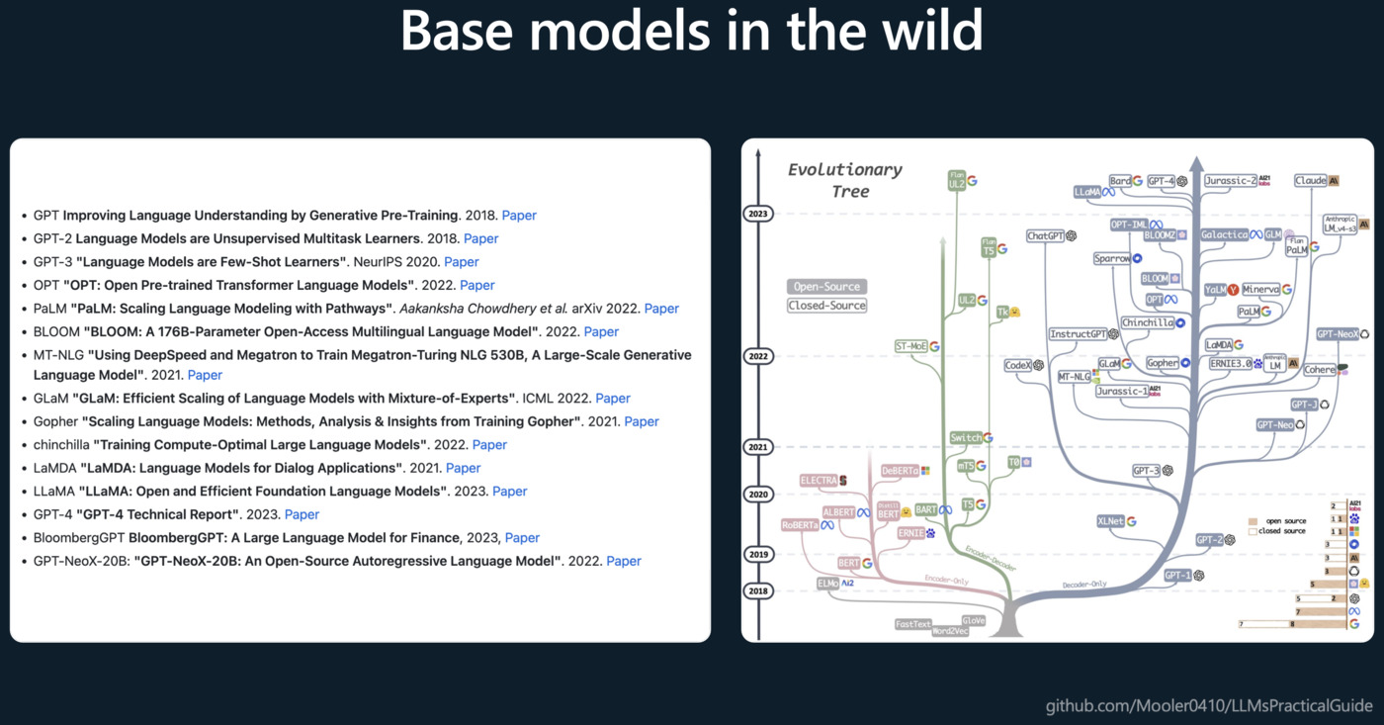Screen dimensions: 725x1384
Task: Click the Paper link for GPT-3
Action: [461, 262]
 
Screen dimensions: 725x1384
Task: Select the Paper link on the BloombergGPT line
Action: [522, 538]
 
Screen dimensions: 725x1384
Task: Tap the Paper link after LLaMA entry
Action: [510, 492]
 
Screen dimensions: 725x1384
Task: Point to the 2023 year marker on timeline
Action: [758, 214]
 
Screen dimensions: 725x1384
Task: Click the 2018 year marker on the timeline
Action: [758, 591]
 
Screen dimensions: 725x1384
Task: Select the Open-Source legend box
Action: [826, 287]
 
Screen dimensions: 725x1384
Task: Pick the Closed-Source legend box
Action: [826, 306]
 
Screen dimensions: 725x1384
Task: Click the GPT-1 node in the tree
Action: [1177, 576]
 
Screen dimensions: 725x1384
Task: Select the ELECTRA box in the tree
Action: [820, 481]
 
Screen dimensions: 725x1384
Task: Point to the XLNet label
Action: [1111, 521]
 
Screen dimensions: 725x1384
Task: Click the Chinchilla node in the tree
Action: [1147, 323]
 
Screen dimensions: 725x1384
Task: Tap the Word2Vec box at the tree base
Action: [950, 631]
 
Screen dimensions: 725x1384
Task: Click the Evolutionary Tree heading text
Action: [844, 180]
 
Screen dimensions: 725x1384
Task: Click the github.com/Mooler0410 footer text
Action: [1209, 705]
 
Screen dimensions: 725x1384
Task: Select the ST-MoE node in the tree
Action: [910, 347]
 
